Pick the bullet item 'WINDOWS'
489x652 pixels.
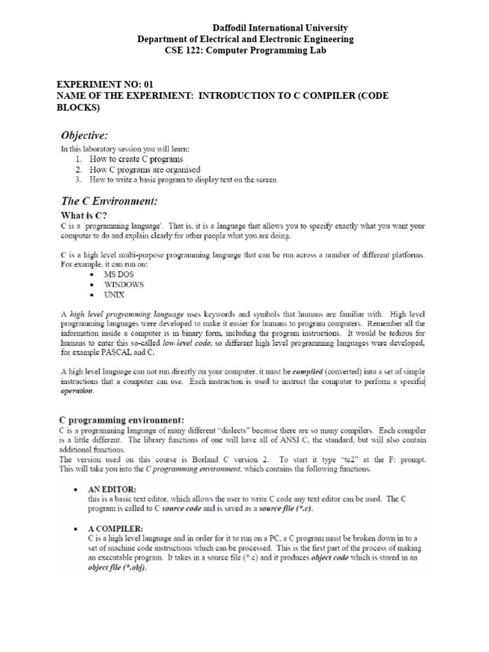pyautogui.click(x=124, y=285)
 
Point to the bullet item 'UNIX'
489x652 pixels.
pyautogui.click(x=115, y=295)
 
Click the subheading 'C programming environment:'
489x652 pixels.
pyautogui.click(x=122, y=420)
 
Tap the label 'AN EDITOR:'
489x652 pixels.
pyautogui.click(x=114, y=489)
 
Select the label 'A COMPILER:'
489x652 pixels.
pyautogui.click(x=115, y=528)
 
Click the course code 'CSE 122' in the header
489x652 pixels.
pyautogui.click(x=181, y=50)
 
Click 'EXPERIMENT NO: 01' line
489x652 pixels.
pyautogui.click(x=105, y=84)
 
